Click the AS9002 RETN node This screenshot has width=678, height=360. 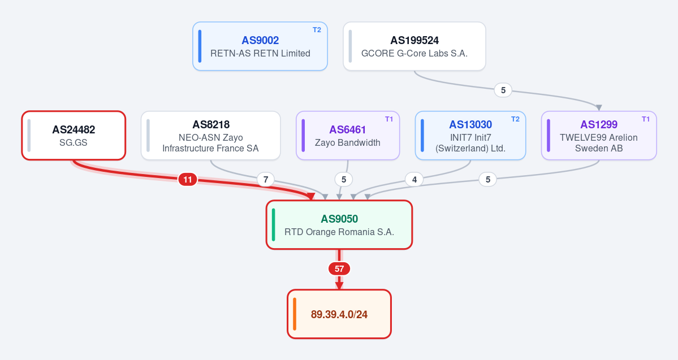[x=260, y=46]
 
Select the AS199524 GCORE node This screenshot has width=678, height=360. [x=414, y=46]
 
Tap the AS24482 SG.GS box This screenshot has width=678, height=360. [x=74, y=135]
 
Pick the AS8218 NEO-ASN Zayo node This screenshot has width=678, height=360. [x=210, y=135]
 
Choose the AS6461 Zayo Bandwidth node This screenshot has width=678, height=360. [x=348, y=135]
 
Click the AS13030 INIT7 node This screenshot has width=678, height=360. [x=470, y=135]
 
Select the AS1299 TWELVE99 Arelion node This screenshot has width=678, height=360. [x=599, y=135]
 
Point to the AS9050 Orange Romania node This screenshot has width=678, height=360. [x=339, y=225]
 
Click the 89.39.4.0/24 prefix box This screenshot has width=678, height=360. [x=339, y=314]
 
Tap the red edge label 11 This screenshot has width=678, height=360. [x=188, y=179]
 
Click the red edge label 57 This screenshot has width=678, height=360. [x=339, y=269]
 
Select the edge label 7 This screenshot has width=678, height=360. [x=266, y=179]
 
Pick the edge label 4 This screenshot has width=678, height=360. [x=414, y=179]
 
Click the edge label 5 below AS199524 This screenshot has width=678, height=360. [x=503, y=90]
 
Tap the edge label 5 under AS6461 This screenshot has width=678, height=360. [x=344, y=179]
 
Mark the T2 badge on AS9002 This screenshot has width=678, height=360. [x=317, y=30]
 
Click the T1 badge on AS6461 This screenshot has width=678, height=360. [x=389, y=119]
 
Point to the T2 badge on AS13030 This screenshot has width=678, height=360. [x=515, y=119]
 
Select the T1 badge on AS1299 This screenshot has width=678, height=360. [x=646, y=119]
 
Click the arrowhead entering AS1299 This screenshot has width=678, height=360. [x=599, y=107]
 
